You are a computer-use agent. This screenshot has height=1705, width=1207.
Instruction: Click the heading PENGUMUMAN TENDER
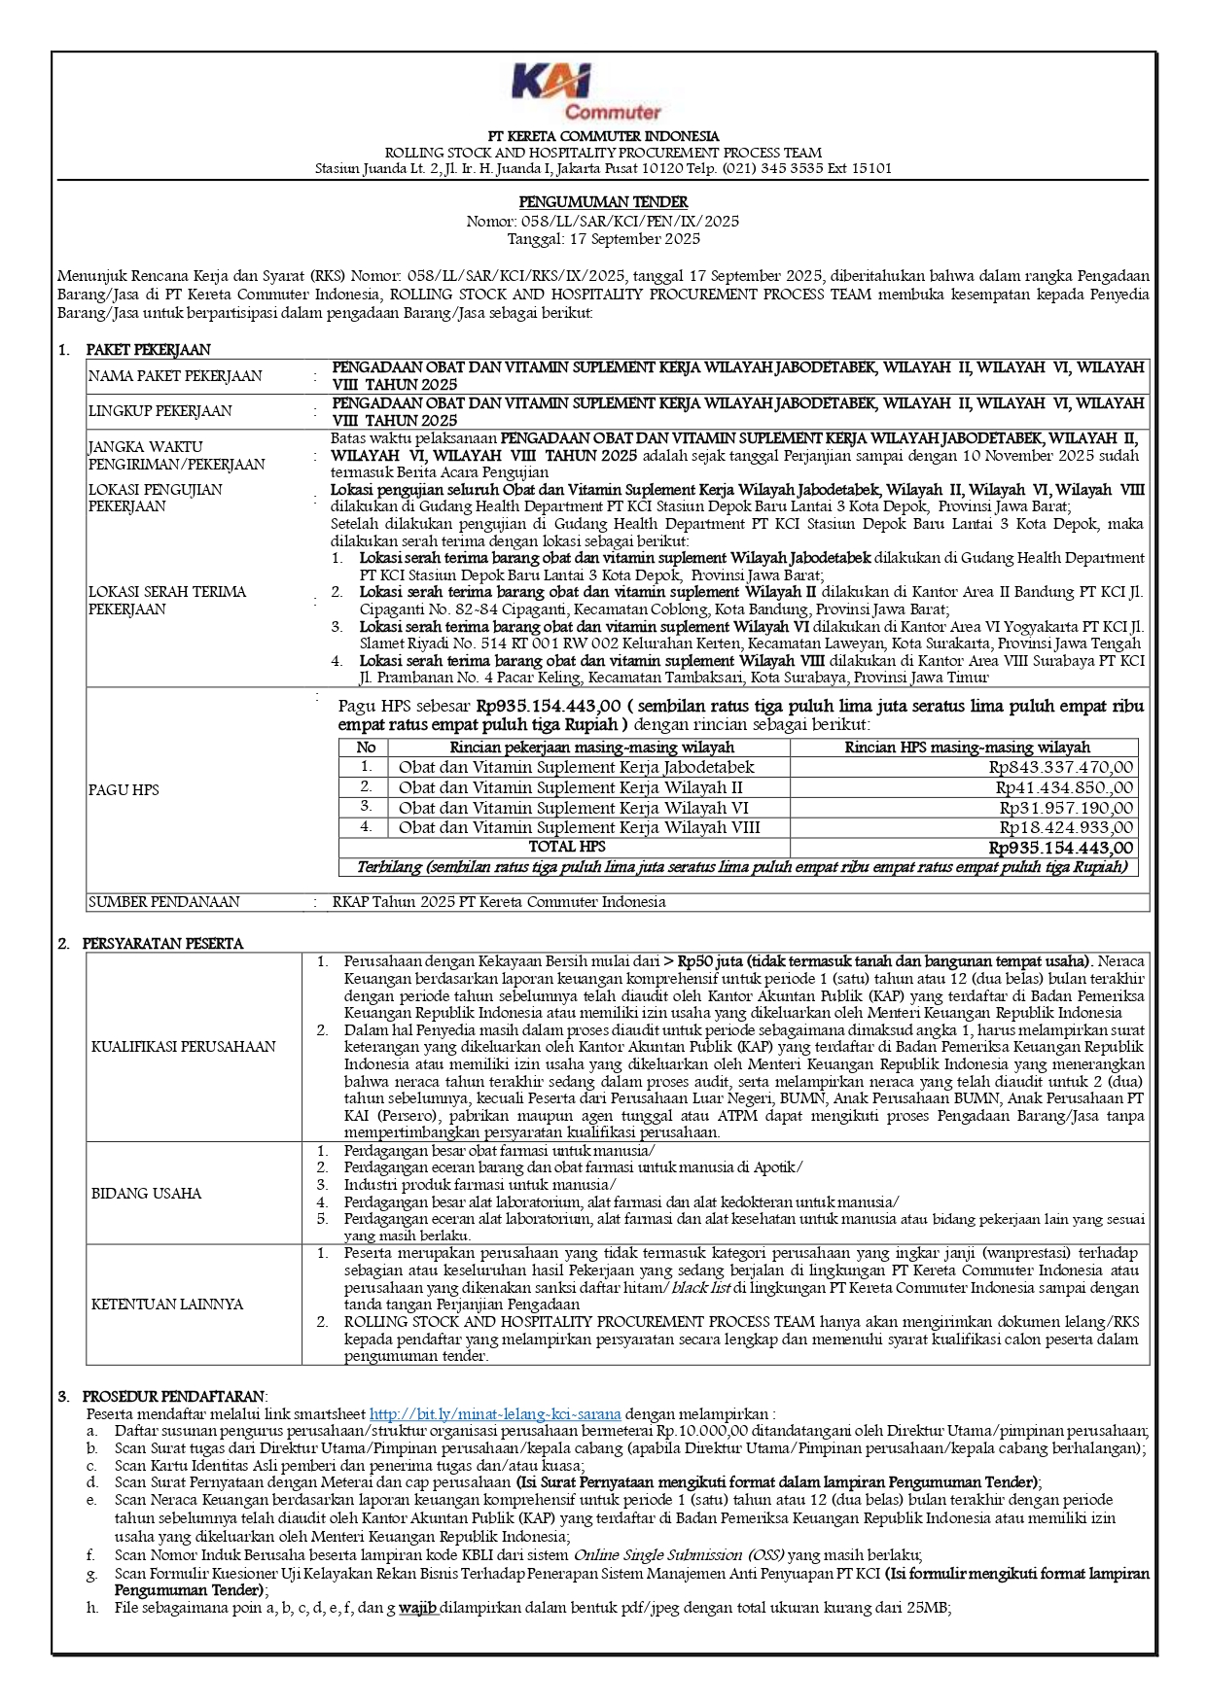[x=603, y=202]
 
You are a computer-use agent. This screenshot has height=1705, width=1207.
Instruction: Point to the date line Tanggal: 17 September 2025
[x=603, y=238]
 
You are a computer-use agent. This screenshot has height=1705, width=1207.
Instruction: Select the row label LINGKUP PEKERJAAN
[x=160, y=411]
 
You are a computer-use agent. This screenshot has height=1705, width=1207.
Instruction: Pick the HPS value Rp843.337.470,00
[x=1061, y=767]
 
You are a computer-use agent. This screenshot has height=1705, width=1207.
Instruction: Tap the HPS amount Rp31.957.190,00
[x=1066, y=808]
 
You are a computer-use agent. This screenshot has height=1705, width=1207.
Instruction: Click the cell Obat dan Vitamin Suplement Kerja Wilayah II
[x=571, y=787]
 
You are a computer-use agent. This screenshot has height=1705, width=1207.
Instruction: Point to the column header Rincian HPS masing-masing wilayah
[x=967, y=748]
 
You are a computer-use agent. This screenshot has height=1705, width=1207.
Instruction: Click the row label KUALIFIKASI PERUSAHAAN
[x=184, y=1047]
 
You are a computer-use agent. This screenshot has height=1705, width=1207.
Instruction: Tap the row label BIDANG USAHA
[x=147, y=1194]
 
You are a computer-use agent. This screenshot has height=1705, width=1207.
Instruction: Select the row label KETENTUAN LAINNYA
[x=167, y=1305]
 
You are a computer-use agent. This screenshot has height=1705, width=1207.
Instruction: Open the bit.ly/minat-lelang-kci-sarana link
[x=495, y=1414]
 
